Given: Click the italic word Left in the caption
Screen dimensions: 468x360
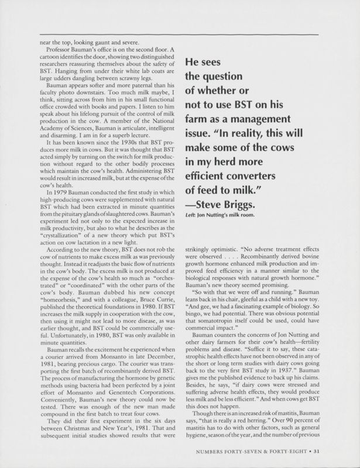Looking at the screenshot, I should (x=190, y=218).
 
